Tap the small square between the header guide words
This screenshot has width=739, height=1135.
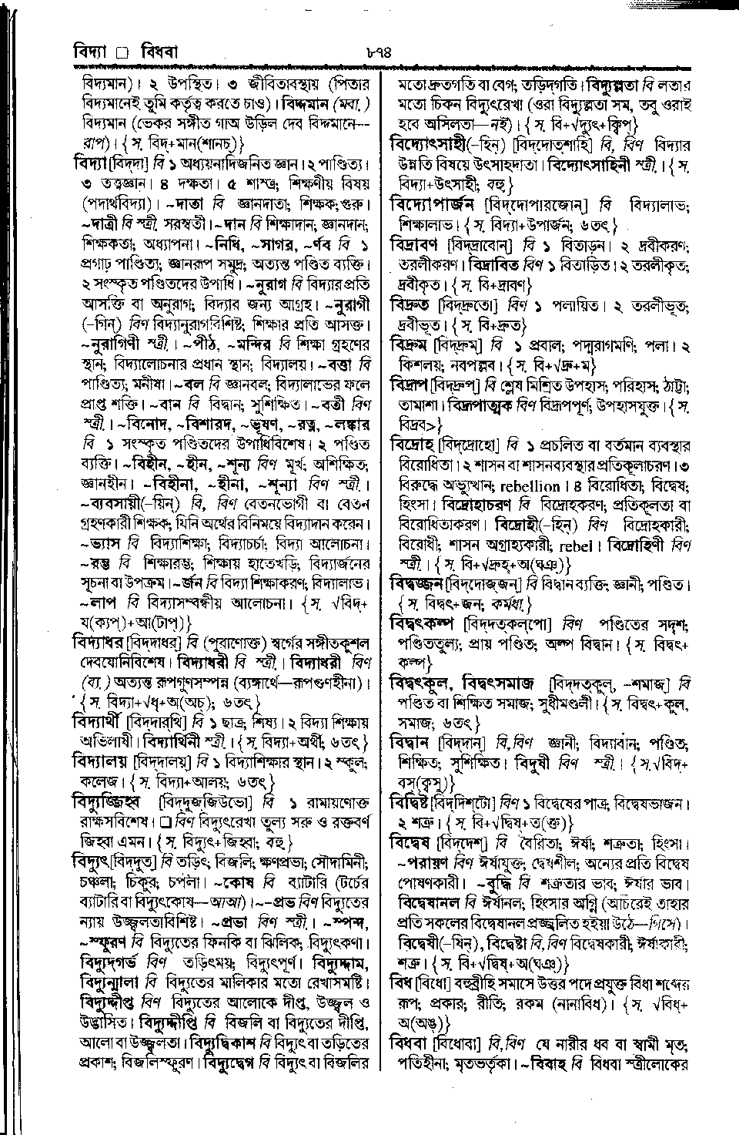(x=120, y=54)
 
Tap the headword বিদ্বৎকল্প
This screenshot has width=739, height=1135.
(x=422, y=622)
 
